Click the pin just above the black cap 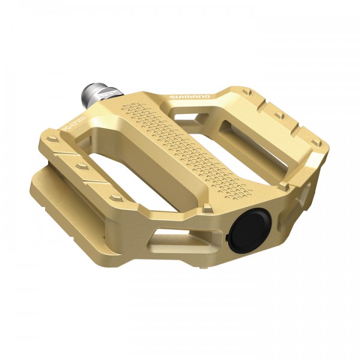tap(206, 208)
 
